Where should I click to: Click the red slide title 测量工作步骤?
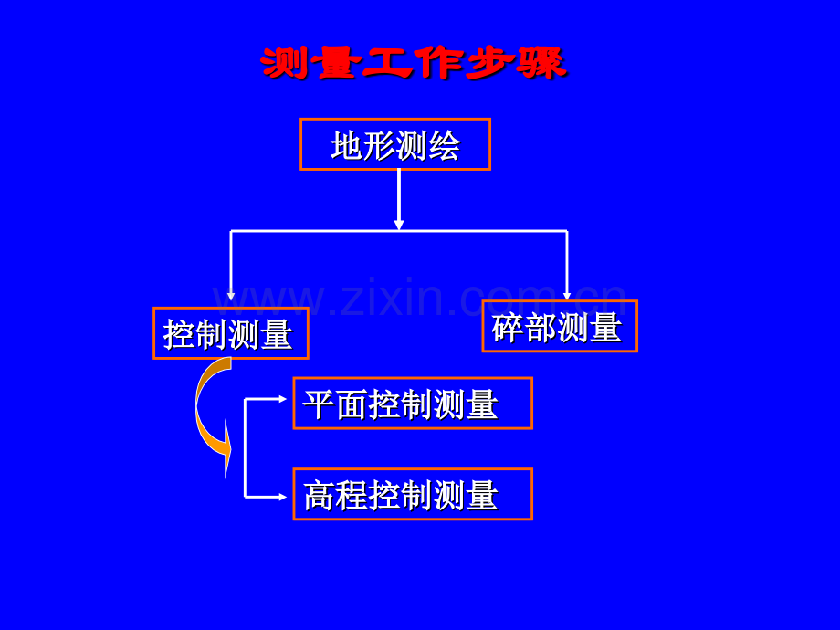[414, 63]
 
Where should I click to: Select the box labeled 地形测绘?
[395, 144]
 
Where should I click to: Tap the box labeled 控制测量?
[231, 333]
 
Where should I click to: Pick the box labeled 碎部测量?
[560, 326]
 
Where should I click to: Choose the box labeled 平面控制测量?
[413, 404]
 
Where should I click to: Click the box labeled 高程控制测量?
[413, 494]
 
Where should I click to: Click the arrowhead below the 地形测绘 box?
[399, 224]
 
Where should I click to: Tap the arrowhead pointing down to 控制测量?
[231, 296]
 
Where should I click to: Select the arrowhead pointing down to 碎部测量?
[567, 296]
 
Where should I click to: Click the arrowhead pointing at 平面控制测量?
[282, 399]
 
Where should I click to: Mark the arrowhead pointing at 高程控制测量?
[282, 497]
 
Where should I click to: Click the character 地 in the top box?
[347, 146]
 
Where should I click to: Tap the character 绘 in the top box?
[444, 146]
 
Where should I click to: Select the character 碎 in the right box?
[508, 327]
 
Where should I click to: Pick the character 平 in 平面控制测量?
[320, 404]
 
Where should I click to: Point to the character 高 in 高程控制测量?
[320, 496]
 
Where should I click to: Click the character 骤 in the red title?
[541, 63]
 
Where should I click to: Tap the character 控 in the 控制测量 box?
[179, 335]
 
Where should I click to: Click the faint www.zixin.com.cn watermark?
[419, 298]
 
